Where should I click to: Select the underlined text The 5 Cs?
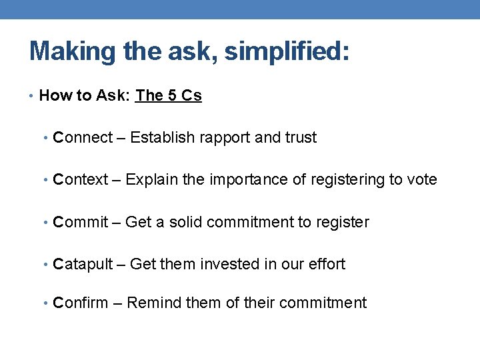click(x=169, y=96)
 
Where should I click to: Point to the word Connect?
click(x=83, y=138)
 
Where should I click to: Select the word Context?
click(x=81, y=180)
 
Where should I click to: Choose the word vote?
click(x=422, y=180)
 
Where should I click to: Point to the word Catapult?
click(x=83, y=265)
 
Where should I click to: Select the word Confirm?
click(x=81, y=303)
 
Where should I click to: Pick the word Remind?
click(x=150, y=303)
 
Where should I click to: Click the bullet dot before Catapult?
click(x=47, y=265)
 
